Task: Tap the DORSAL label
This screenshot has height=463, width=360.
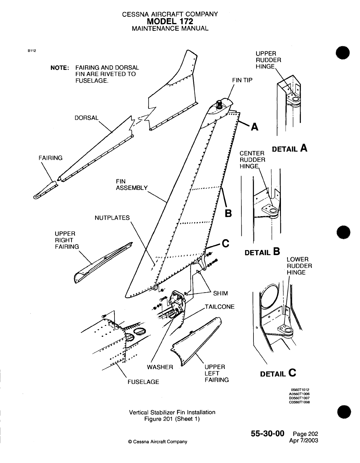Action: (86, 118)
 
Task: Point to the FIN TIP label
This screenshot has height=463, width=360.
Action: (242, 80)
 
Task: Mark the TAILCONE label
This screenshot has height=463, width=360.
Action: (220, 307)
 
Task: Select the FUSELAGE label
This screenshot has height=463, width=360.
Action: (143, 382)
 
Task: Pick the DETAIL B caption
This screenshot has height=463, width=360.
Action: (262, 252)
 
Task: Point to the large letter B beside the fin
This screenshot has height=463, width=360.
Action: (228, 213)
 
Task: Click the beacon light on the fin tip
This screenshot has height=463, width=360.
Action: (219, 104)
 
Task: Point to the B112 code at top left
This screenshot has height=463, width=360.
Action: (32, 51)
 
